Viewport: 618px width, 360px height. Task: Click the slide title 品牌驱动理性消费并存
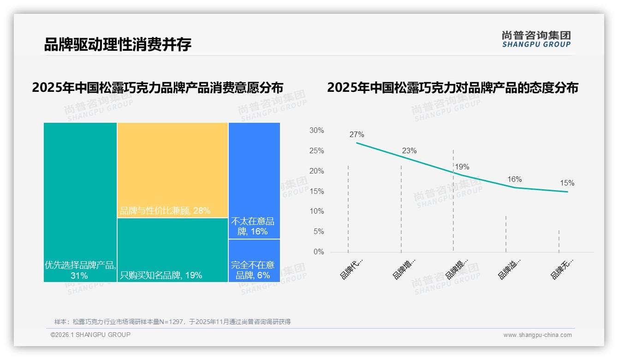[118, 45]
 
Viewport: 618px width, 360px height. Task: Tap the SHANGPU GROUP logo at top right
[536, 39]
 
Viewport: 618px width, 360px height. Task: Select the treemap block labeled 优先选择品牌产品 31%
[80, 202]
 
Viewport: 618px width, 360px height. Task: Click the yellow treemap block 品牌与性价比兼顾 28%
[172, 170]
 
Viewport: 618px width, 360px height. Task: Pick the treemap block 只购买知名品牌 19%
[172, 250]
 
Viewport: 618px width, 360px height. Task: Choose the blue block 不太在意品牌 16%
[254, 180]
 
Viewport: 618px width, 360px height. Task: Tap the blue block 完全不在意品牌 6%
[254, 260]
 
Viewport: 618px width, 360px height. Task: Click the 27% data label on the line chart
[357, 135]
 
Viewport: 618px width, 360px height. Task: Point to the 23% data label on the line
[409, 150]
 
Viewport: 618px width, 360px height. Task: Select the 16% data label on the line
[515, 179]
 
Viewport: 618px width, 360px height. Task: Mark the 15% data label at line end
[567, 183]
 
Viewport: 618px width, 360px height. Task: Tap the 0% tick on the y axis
[319, 252]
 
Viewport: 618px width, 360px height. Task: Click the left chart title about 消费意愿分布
[158, 88]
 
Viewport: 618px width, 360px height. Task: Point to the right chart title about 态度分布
[452, 88]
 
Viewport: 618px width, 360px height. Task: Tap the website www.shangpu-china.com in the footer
[537, 335]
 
